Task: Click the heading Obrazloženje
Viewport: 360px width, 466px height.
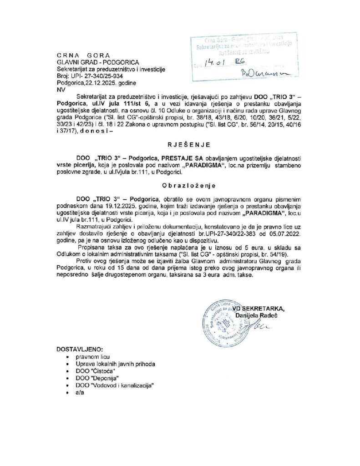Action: pos(179,186)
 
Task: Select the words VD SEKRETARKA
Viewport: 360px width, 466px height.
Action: pos(259,309)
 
